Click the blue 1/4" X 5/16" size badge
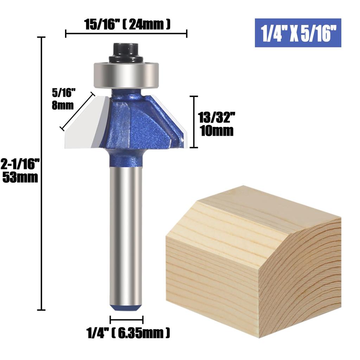[298, 33]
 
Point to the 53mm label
[20, 178]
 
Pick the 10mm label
[216, 131]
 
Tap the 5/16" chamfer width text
[64, 93]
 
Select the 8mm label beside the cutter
[63, 105]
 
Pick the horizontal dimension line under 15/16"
[126, 34]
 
